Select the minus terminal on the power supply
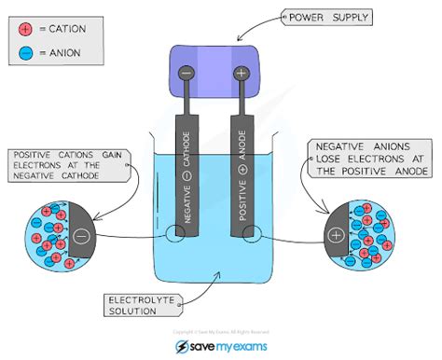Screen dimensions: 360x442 click(x=186, y=71)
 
